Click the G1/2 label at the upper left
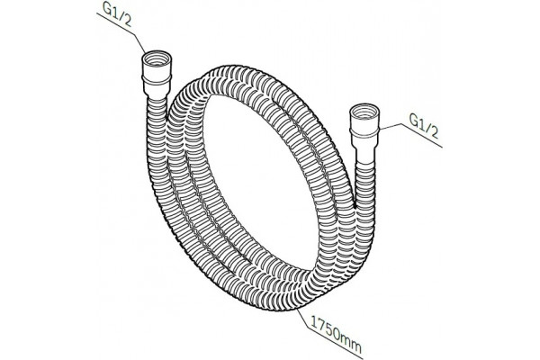point(117,16)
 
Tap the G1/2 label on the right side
point(424,126)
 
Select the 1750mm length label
point(337,334)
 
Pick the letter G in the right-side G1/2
point(414,119)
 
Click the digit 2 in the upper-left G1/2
point(127,22)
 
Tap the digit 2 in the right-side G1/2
point(435,133)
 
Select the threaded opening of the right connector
point(364,112)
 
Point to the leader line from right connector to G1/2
point(410,134)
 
